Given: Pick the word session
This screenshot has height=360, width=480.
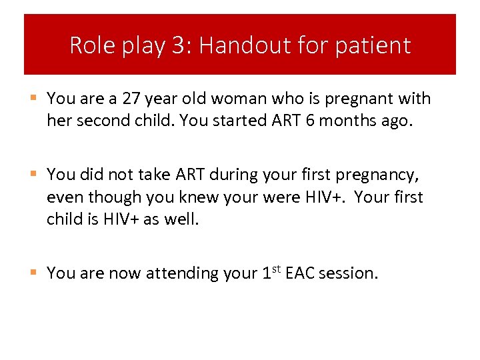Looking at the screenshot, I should click(x=348, y=273).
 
